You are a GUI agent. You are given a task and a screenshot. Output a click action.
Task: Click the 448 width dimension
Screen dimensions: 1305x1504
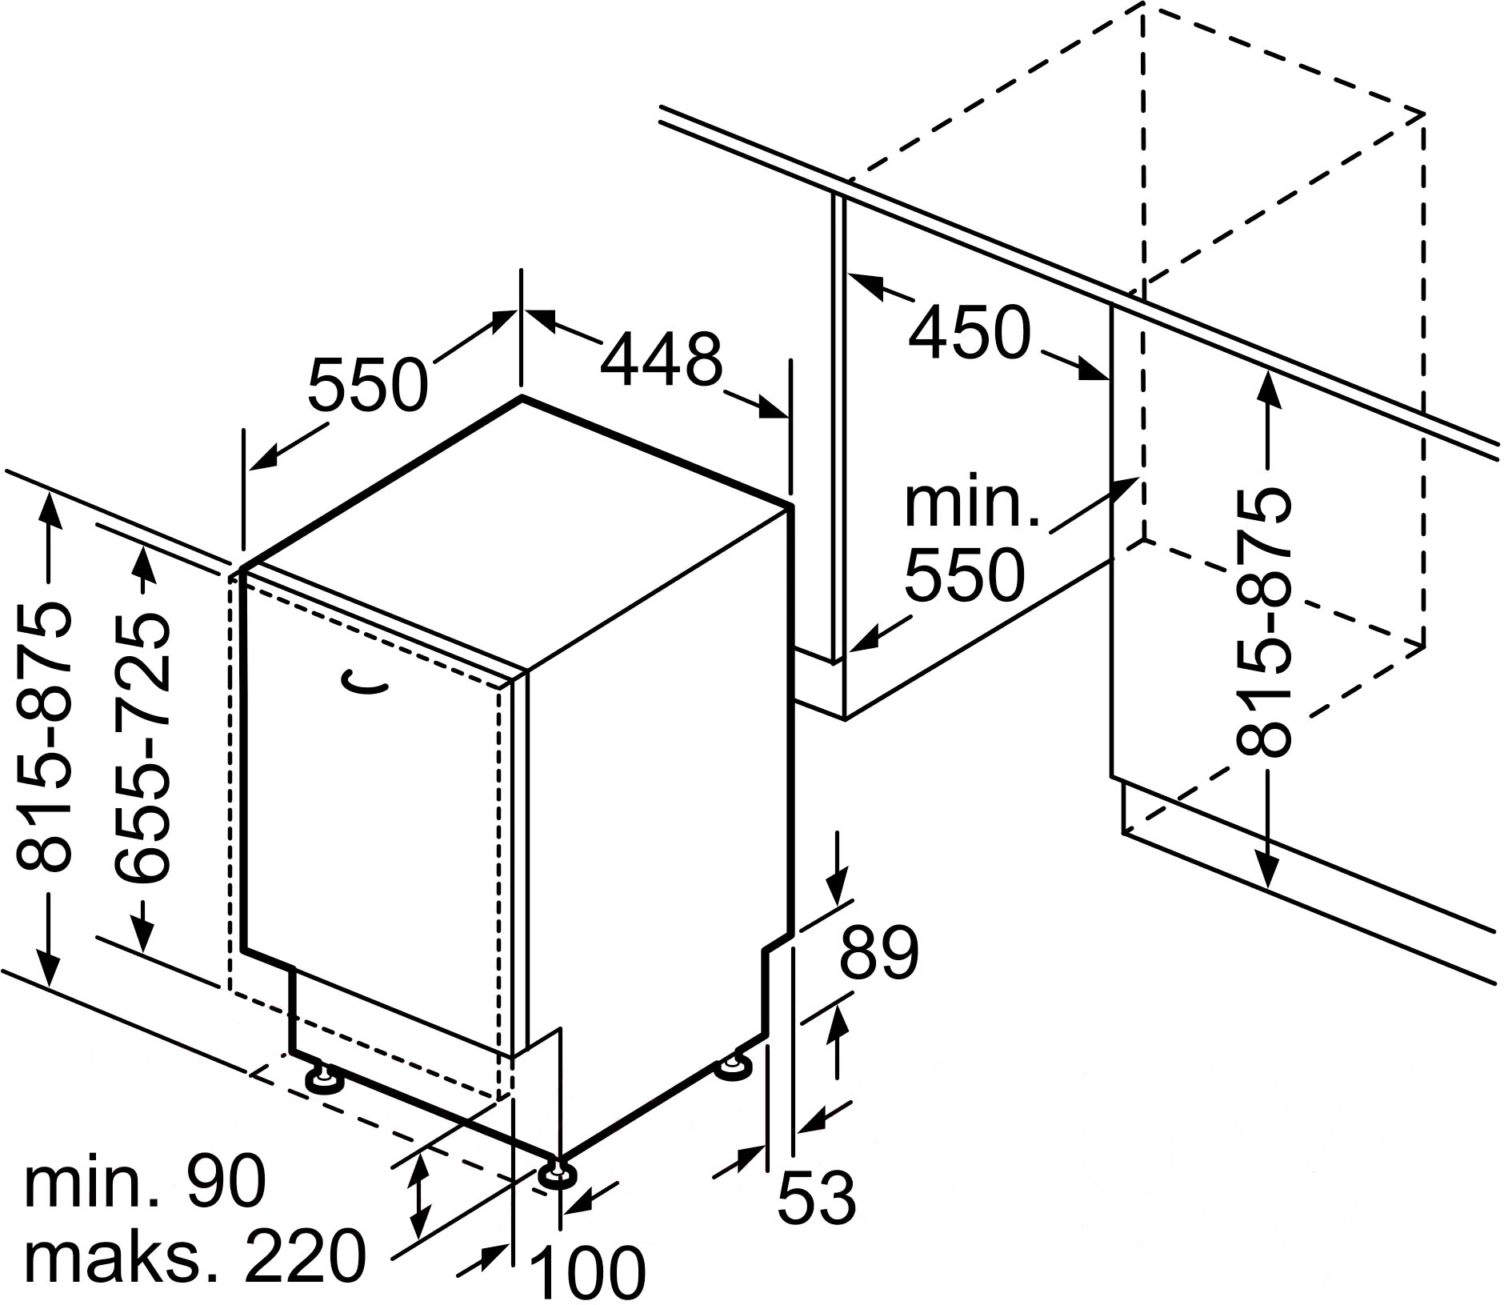[661, 360]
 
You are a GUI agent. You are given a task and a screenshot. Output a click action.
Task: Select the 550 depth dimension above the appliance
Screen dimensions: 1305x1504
[368, 385]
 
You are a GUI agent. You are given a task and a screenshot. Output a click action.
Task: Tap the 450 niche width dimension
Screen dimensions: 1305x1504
[969, 332]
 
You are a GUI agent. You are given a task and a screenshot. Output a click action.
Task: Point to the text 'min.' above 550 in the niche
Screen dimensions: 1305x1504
[971, 505]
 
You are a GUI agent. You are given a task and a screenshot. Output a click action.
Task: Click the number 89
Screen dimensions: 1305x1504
[878, 955]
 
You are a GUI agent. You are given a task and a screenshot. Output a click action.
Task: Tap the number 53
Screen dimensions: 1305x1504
[817, 1198]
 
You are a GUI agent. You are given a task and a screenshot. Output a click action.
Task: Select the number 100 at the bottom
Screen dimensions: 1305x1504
[589, 1273]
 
